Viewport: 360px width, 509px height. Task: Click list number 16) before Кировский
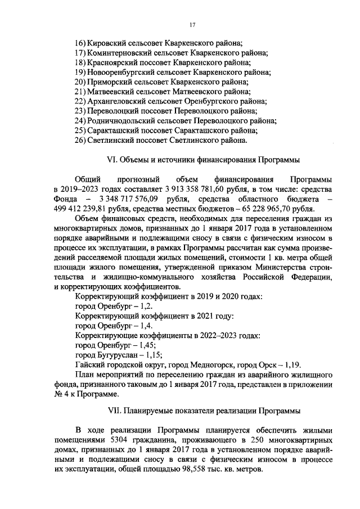coord(80,43)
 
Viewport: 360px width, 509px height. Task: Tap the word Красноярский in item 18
coord(112,62)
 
